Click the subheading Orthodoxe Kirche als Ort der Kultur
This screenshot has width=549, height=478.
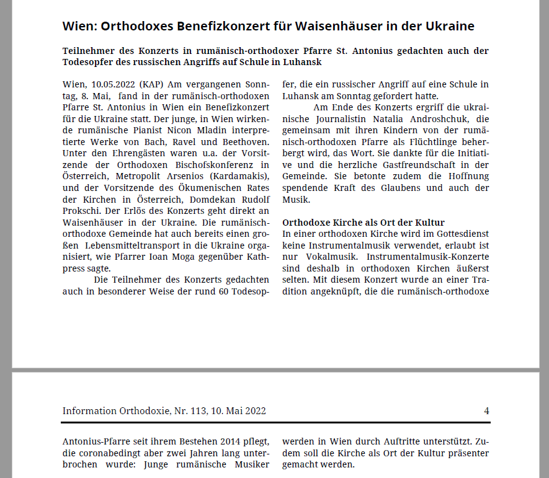pos(364,223)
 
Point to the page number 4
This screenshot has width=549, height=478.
pos(486,410)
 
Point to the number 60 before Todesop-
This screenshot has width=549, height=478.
pos(224,291)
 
